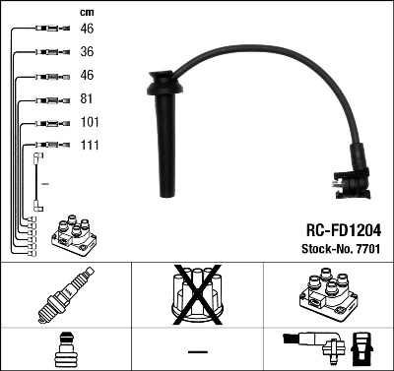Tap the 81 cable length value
pos(86,99)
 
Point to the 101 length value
pos(89,122)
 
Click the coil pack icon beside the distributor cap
pos(326,294)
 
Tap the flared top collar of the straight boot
pos(158,76)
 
